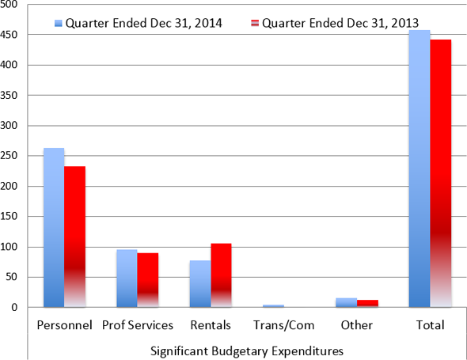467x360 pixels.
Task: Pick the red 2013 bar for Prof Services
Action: [148, 280]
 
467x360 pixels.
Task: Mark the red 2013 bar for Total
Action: [440, 173]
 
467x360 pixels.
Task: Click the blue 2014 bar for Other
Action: [346, 302]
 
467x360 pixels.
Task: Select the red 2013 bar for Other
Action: [367, 303]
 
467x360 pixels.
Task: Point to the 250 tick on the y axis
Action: [15, 156]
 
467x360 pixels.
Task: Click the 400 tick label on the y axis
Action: [15, 65]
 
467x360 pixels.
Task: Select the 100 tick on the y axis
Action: [15, 247]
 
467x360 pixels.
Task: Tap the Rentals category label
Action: [210, 324]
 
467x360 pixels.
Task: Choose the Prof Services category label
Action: [137, 324]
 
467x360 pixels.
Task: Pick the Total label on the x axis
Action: [430, 324]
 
